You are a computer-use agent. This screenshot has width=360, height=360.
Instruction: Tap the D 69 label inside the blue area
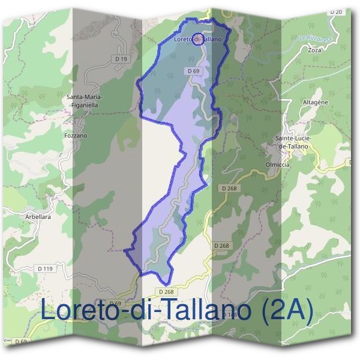coord(193,71)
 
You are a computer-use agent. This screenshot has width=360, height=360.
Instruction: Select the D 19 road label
coord(121,58)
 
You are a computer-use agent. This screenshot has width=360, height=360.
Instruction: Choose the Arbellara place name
coord(38,217)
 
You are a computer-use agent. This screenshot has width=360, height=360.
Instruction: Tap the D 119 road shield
coord(44,268)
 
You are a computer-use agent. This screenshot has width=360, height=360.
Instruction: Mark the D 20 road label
coord(336,12)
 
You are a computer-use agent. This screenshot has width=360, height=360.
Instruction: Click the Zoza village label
coord(314,50)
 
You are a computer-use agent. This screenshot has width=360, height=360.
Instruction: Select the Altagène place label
coord(316,102)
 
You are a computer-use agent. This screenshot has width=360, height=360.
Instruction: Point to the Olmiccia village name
coord(277,164)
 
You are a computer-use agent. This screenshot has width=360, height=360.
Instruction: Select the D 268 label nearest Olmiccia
coord(229,188)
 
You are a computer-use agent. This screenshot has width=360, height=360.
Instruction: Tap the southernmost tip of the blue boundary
coord(165,283)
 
